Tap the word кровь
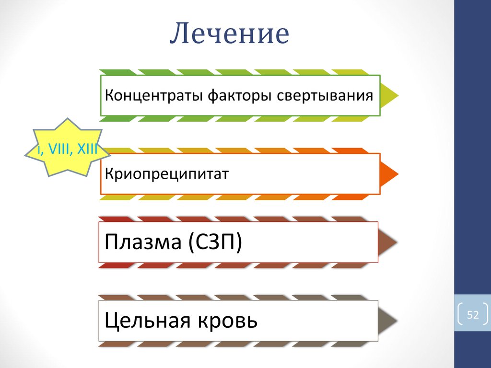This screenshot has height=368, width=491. (228, 320)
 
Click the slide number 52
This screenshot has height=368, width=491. (473, 315)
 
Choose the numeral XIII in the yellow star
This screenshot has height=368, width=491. (86, 150)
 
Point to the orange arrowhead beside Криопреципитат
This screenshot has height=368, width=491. (389, 173)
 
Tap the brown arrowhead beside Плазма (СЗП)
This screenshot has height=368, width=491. (388, 241)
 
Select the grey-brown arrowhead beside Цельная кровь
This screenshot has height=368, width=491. (388, 321)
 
